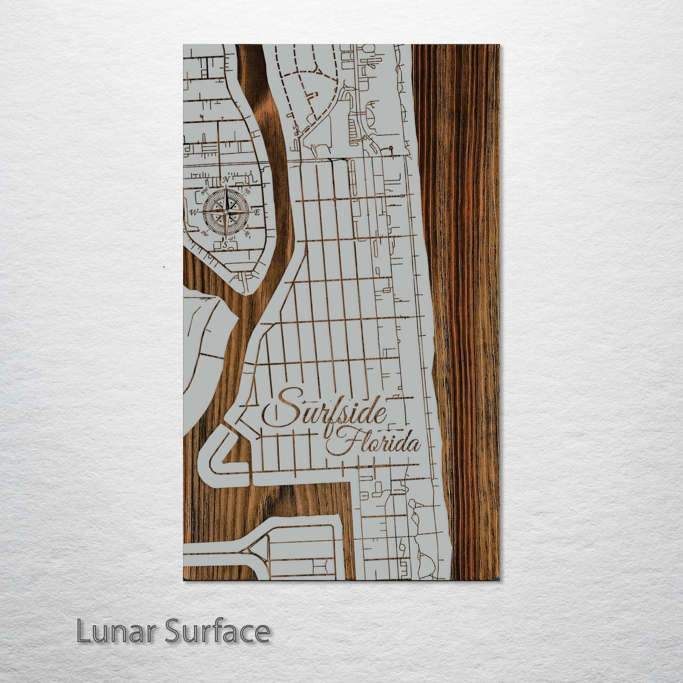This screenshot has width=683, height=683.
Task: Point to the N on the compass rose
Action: (226, 180)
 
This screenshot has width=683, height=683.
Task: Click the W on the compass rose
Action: (193, 213)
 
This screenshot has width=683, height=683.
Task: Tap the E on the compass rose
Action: (258, 213)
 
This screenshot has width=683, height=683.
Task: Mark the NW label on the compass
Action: (205, 192)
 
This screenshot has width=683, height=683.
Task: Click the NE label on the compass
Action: (247, 191)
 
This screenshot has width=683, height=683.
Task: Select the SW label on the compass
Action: (205, 233)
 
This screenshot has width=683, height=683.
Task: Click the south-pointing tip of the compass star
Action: (226, 239)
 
